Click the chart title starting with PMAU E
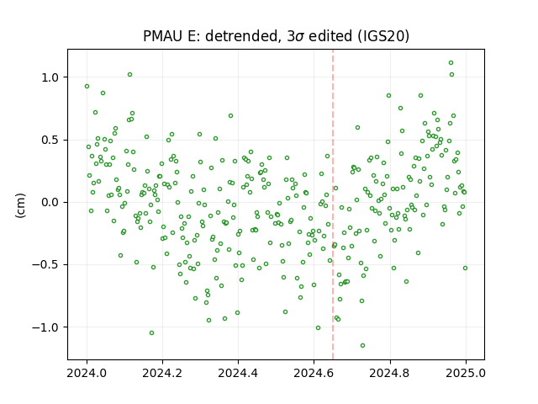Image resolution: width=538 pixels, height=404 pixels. (276, 36)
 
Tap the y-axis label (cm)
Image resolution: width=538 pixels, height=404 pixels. (20, 205)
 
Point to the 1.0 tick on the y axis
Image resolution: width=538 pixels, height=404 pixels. (50, 77)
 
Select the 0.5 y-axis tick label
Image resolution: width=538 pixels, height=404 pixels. (50, 141)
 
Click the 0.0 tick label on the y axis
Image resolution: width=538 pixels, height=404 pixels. (50, 202)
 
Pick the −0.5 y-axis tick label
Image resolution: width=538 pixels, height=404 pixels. (45, 265)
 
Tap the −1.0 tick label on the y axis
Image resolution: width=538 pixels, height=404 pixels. (45, 327)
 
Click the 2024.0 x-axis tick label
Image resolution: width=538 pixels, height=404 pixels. (87, 373)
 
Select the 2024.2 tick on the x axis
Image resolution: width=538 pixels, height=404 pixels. (162, 373)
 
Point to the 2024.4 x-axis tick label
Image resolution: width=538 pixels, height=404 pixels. (238, 373)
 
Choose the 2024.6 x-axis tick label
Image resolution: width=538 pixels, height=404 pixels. (314, 373)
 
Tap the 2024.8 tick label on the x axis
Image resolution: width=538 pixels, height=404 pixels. (389, 373)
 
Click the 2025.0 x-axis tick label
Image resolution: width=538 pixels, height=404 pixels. (466, 373)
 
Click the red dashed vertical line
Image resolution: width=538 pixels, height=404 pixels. (333, 205)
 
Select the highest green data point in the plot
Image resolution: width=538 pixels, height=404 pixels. (451, 62)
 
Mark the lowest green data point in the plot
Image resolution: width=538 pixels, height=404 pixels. (362, 345)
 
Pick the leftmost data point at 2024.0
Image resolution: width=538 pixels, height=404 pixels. (87, 86)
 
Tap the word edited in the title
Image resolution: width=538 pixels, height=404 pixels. (330, 36)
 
